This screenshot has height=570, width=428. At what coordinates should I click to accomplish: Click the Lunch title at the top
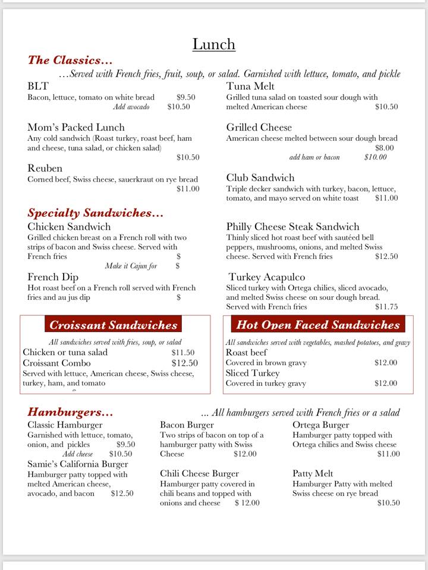point(214,45)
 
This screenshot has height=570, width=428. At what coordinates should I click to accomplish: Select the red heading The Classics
point(70,60)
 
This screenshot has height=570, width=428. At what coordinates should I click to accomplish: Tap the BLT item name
point(38,86)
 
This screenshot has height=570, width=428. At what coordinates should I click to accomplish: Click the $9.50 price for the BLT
point(186,97)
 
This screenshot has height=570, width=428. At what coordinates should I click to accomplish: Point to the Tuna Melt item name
point(250,86)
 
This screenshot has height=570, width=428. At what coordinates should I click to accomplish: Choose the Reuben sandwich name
point(45,168)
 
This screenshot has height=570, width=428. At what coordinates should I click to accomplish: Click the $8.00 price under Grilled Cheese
point(385,148)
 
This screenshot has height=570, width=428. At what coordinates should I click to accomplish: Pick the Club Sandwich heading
point(260,178)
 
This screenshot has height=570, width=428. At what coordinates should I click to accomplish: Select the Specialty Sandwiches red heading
point(95,213)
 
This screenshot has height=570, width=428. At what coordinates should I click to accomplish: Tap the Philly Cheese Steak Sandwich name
point(292,227)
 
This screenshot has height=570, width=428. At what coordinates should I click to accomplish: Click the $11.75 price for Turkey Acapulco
point(386,307)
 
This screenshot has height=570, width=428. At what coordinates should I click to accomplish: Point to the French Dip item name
point(53,277)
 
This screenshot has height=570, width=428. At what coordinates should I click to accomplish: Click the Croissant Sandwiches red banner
point(114,325)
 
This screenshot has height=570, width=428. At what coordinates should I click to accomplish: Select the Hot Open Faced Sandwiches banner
point(318,325)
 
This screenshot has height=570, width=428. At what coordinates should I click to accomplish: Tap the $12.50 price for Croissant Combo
point(184,363)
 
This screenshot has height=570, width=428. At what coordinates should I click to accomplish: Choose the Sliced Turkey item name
point(253,373)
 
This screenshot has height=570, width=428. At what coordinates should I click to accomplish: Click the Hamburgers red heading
point(70,412)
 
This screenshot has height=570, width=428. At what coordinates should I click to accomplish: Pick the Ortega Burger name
point(321,425)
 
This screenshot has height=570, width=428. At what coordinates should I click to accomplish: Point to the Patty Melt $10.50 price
point(389,503)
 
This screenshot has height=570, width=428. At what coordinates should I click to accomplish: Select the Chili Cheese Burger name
point(199,474)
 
